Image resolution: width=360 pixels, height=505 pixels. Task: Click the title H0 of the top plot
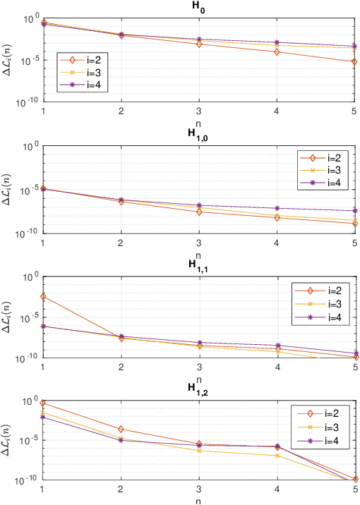pos(199,6)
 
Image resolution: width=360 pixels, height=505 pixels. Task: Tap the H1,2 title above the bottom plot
pos(199,388)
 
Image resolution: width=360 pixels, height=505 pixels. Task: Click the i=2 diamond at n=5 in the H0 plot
pos(354,62)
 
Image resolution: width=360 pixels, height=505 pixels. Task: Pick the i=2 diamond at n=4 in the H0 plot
pos(277,52)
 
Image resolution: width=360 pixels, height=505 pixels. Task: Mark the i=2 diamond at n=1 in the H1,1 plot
pos(44,296)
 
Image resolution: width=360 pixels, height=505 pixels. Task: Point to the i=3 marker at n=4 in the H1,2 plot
pos(277,456)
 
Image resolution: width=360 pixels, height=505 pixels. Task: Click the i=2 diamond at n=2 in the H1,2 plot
pos(121,429)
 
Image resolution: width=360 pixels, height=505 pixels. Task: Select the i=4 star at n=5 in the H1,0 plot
pos(354,211)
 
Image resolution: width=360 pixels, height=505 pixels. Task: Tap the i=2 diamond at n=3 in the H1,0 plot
pos(199,212)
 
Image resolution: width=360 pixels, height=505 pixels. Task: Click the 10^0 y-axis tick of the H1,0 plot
pos(31,147)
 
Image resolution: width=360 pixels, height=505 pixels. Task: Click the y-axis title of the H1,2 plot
pos(8,440)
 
